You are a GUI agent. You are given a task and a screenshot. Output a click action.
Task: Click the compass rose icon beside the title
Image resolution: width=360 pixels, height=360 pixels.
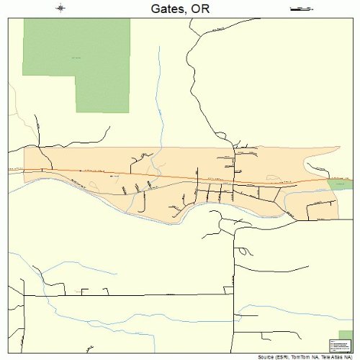click(x=60, y=9)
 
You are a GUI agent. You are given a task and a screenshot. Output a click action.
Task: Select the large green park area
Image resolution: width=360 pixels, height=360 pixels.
click(x=76, y=58)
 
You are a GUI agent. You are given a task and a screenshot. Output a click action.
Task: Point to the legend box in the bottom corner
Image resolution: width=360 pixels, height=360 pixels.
click(x=338, y=343)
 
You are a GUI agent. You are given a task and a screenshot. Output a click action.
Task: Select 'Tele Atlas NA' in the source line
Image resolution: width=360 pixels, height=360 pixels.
click(x=336, y=356)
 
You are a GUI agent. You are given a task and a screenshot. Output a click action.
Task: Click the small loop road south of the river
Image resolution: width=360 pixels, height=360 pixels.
click(x=246, y=251)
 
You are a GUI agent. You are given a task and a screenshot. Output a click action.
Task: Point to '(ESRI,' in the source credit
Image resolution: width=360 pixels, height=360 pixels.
click(x=276, y=356)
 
